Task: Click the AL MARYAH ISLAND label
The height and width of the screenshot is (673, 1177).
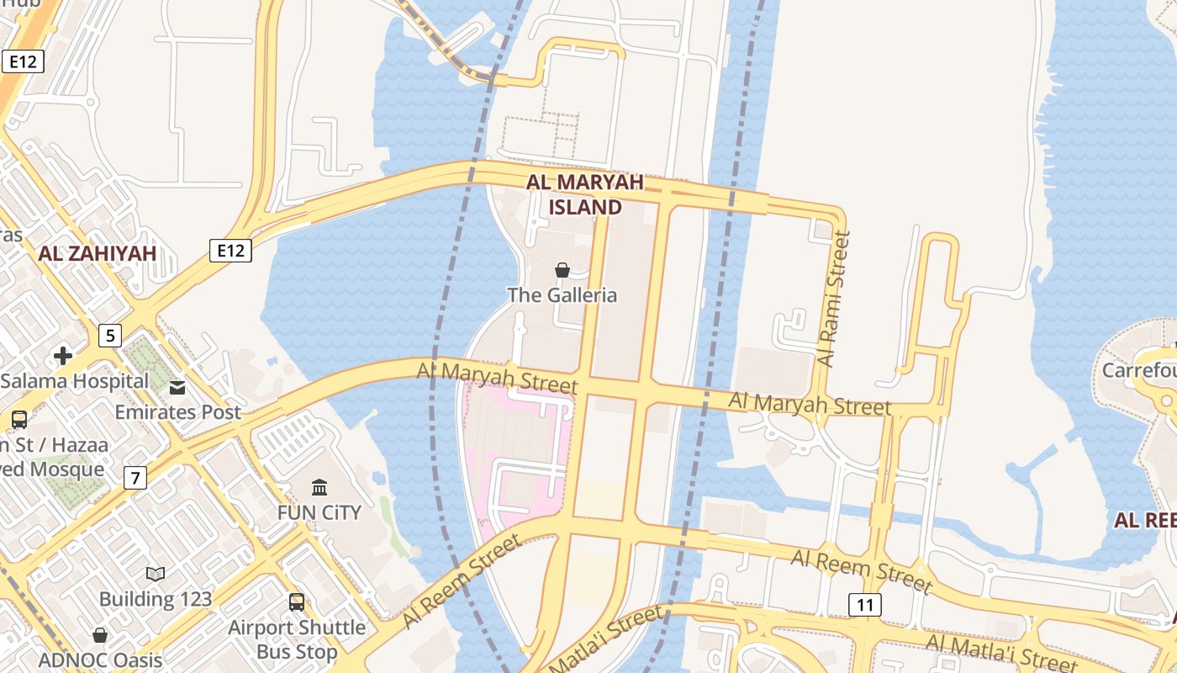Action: [585, 194]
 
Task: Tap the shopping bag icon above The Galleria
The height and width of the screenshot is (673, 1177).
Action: [562, 270]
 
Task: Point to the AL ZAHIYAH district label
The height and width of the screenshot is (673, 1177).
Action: [98, 253]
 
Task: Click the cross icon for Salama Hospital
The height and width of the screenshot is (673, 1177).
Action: [63, 356]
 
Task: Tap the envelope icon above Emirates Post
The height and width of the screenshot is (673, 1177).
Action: [177, 388]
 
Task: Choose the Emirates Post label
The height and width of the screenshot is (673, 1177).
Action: [178, 412]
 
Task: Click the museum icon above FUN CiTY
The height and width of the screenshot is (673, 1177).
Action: [319, 487]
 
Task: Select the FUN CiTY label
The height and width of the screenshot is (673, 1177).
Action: [319, 512]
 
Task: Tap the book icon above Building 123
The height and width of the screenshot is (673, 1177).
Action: [156, 575]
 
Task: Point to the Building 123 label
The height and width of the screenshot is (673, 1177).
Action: [156, 599]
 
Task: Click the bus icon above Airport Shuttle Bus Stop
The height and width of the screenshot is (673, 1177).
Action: [297, 602]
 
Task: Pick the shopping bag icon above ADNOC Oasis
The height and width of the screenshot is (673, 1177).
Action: [100, 635]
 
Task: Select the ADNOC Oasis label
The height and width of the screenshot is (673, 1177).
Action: [100, 660]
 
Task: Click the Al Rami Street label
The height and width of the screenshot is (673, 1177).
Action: [833, 299]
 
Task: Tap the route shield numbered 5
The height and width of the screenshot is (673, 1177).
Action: [109, 336]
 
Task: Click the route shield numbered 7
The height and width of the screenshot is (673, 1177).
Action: [135, 478]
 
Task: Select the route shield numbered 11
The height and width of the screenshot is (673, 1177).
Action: [864, 604]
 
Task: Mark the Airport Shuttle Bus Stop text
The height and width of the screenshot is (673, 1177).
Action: [298, 639]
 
